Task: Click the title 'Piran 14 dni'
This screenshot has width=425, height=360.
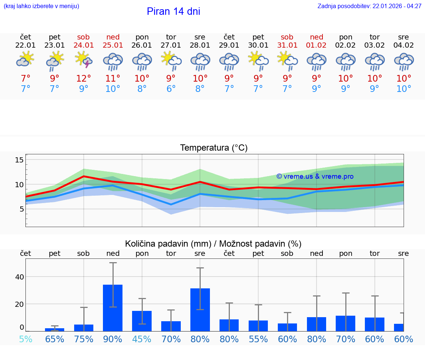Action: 173,11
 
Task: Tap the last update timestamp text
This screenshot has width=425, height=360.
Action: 369,6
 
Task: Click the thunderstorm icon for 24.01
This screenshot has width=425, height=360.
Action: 84,60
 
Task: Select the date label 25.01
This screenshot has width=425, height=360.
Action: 113,45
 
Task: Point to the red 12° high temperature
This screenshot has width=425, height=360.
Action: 84,78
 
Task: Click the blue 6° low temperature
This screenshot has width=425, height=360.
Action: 171,89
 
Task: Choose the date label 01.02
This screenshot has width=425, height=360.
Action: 316,45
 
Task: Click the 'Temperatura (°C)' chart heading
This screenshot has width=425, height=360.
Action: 214,148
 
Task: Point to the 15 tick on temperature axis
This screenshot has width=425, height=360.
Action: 19,160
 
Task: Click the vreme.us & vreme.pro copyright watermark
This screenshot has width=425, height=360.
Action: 315,176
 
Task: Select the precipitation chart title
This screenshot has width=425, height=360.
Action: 213,244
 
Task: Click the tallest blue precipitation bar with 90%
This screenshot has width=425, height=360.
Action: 113,308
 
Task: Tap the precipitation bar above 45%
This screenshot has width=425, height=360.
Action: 142,321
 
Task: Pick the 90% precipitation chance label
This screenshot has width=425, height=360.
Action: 113,339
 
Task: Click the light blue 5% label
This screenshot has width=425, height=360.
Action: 25,339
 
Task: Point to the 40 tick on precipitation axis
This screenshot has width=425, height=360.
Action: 19,277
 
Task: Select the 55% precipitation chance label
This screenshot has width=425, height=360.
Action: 258,339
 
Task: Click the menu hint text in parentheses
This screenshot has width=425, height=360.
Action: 41,6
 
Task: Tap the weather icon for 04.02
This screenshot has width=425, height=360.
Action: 404,61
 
